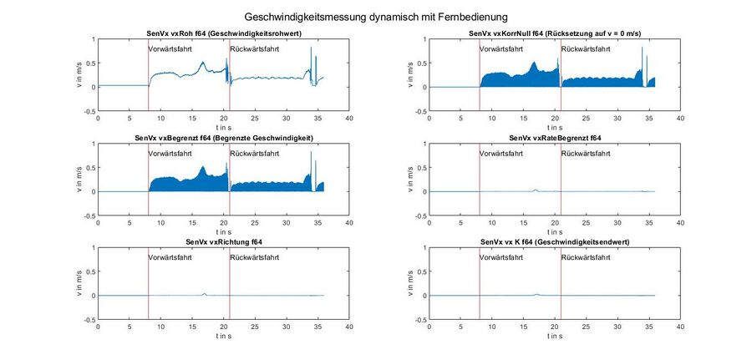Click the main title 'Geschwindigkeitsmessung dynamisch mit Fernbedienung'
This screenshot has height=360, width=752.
[x=376, y=16]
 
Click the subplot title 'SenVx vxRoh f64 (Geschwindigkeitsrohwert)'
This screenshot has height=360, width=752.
[x=224, y=33]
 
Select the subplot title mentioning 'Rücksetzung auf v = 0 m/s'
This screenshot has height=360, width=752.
[x=556, y=33]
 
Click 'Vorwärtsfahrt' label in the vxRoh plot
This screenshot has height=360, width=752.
[x=171, y=49]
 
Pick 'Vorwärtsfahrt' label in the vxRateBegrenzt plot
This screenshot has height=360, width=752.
[x=503, y=154]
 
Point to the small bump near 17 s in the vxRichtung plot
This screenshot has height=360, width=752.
[x=205, y=294]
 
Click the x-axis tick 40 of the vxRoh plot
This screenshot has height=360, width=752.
[x=349, y=118]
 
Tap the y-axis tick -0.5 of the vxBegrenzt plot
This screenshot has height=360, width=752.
[x=90, y=215]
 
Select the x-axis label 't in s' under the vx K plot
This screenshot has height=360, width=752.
[x=556, y=336]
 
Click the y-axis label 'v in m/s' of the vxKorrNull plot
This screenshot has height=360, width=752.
[x=411, y=74]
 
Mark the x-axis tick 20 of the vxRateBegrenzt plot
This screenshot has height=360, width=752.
[x=556, y=222]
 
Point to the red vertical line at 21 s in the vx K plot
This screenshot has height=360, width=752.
[x=561, y=284]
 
